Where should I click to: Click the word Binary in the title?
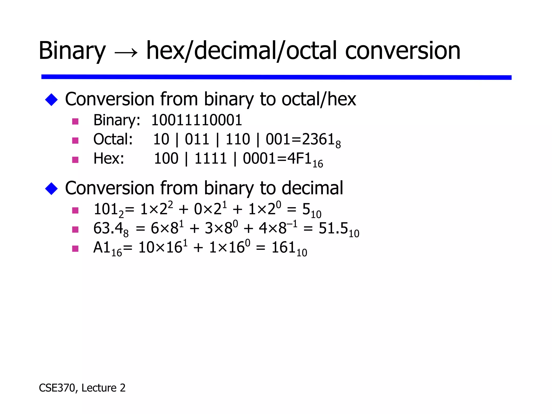[72, 51]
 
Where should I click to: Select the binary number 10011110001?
[196, 120]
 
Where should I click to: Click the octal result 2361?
[318, 139]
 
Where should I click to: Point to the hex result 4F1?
[299, 158]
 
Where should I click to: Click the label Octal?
[113, 139]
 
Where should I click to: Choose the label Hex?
[109, 158]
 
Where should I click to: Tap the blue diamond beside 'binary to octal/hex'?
[51, 100]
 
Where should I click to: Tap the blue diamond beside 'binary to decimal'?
[51, 188]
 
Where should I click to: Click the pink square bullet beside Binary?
[75, 121]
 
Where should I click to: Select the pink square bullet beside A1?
[75, 248]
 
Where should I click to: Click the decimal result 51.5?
[333, 229]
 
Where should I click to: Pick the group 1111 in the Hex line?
[210, 158]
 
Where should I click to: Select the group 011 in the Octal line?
[197, 139]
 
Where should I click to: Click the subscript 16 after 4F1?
[318, 164]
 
